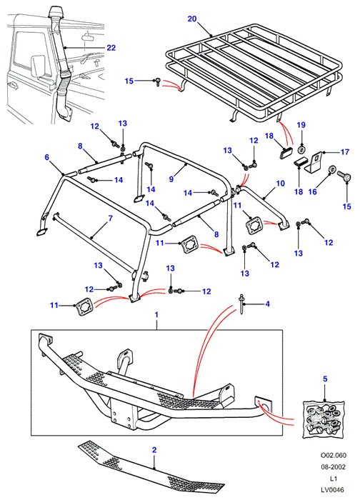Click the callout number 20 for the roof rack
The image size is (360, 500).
(192, 19)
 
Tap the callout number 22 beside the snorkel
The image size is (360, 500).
(111, 48)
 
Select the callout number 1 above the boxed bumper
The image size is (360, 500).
(156, 315)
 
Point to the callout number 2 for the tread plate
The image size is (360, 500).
(154, 450)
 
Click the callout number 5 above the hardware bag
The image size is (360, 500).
(325, 379)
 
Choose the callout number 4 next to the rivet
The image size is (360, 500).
(268, 304)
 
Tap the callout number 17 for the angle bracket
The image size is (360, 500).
(345, 151)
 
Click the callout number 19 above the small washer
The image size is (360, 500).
(301, 125)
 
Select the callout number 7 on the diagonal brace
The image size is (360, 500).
(110, 219)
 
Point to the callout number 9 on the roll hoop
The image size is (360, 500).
(171, 179)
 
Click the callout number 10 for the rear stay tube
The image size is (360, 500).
(280, 184)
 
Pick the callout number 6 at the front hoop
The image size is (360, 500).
(47, 157)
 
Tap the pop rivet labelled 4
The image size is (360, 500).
(242, 304)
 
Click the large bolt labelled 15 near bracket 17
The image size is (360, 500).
(345, 176)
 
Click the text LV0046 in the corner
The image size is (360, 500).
(333, 489)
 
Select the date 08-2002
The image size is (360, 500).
(334, 467)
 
